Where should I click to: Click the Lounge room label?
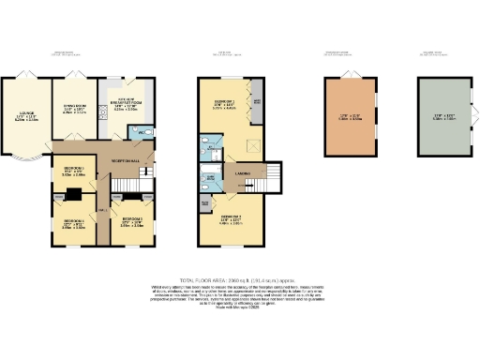click(26, 117)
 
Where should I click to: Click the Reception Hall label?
click(127, 161)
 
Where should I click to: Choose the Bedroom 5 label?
click(74, 172)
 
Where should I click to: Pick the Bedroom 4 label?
click(74, 223)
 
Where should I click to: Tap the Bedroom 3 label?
click(131, 223)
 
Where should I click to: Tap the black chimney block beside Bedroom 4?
click(71, 196)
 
